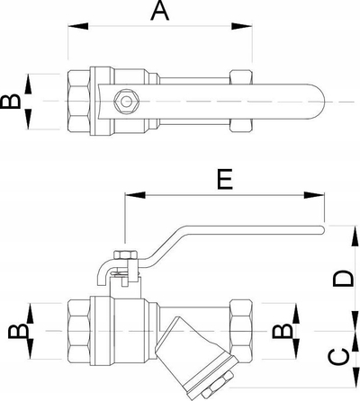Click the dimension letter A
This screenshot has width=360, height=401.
tap(160, 11)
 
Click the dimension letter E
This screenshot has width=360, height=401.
tap(225, 179)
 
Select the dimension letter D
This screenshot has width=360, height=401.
tap(342, 278)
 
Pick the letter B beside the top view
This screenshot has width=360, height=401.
tap(11, 102)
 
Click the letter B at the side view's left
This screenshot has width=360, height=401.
tap(18, 331)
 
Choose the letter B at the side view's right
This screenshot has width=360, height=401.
tap(283, 331)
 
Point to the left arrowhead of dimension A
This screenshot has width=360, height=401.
tap(78, 26)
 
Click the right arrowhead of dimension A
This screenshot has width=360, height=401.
tap(242, 26)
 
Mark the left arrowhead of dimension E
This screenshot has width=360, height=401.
tap(135, 195)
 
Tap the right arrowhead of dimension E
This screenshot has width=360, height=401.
tap(314, 195)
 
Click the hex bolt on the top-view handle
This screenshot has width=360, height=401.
tap(126, 102)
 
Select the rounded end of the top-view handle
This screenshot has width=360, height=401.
tap(317, 102)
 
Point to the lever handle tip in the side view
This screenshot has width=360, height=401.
tap(322, 230)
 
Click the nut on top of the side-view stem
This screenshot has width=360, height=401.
tap(126, 254)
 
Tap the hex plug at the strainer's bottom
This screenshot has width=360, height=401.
tap(217, 384)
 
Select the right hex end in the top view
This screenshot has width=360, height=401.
tap(241, 102)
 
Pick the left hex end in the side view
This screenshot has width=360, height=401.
tap(79, 331)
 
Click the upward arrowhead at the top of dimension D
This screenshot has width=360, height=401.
tap(355, 236)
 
